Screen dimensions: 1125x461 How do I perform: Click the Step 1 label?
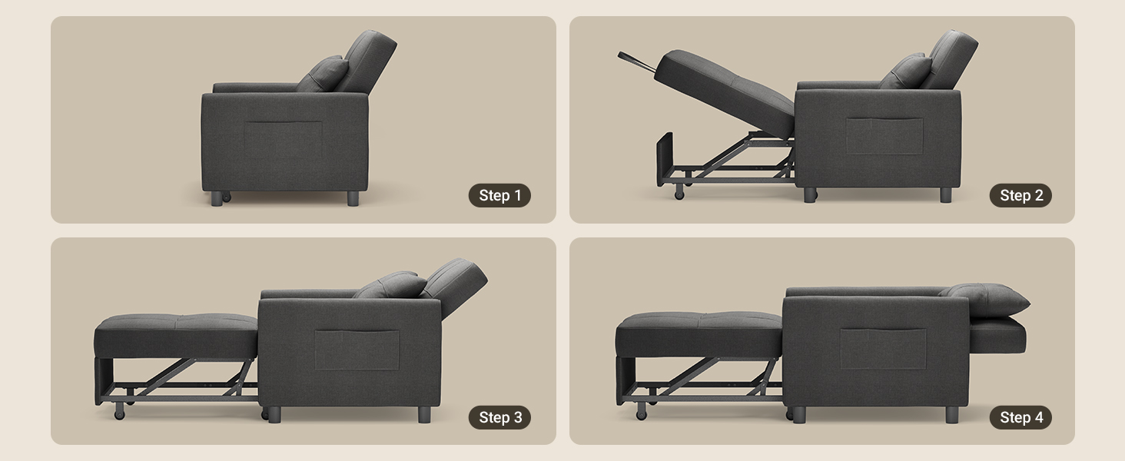point(499,195)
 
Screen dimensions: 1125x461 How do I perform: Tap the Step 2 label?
point(1020,195)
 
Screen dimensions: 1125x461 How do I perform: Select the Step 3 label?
point(499,417)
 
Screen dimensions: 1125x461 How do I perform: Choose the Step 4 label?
point(1020,417)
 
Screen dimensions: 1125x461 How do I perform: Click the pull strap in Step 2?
point(636,61)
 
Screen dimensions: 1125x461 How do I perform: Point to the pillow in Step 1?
point(324,74)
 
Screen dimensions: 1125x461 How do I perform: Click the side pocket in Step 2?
point(884,135)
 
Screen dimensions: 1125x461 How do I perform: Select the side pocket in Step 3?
point(357,350)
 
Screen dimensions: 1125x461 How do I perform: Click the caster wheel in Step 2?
point(679,192)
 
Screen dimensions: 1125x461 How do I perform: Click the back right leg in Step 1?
point(353,198)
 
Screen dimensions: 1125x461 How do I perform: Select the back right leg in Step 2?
point(946,195)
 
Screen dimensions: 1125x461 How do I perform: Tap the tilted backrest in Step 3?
point(454,287)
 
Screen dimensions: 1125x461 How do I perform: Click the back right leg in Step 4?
point(952,415)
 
